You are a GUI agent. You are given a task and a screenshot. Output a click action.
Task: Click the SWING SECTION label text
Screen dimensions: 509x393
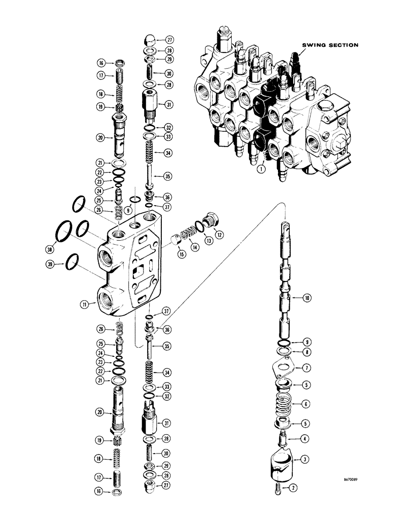point(330,45)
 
